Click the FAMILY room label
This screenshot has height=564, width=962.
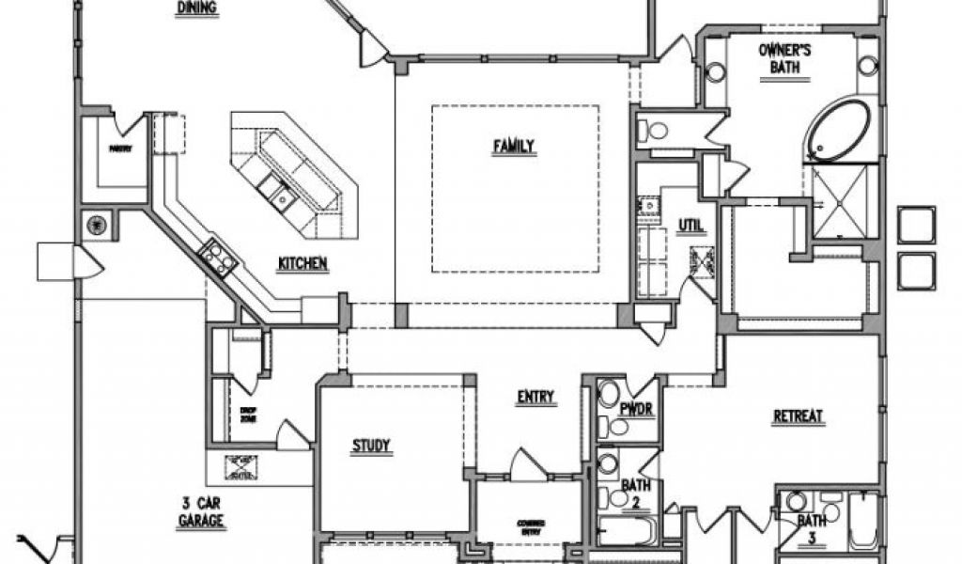(x=514, y=146)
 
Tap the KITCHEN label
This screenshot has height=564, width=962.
(x=302, y=264)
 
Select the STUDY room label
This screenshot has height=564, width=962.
(x=372, y=445)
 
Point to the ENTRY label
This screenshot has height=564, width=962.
(x=535, y=397)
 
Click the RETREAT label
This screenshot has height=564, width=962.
(x=799, y=416)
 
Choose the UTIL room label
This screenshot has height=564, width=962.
(x=691, y=225)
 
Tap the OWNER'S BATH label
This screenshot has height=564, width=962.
(x=784, y=58)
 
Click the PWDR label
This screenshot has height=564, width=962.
(x=636, y=409)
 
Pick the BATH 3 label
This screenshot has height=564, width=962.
(x=812, y=527)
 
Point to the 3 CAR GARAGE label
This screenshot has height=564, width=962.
(x=203, y=511)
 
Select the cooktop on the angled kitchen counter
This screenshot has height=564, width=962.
(x=217, y=257)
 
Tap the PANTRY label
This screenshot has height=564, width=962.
(x=119, y=149)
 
